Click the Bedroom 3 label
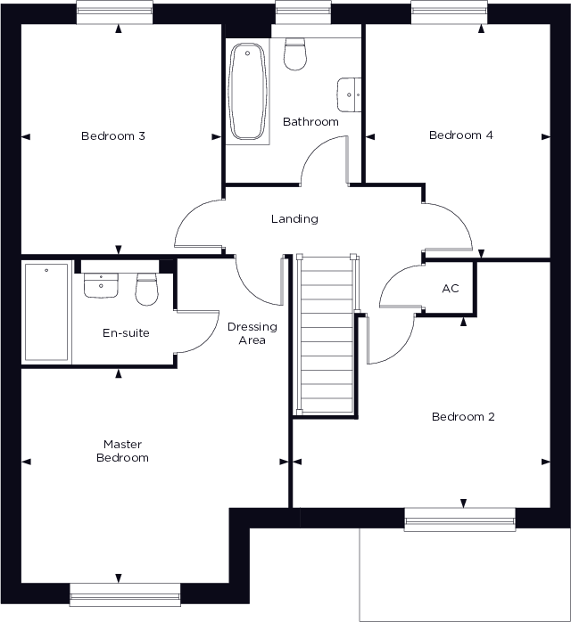click(113, 136)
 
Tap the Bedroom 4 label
click(460, 135)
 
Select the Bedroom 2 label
click(462, 417)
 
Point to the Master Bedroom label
click(123, 451)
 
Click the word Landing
click(294, 219)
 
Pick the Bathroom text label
click(310, 121)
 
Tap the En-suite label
click(126, 333)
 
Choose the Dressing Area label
click(252, 333)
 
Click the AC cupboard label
click(451, 290)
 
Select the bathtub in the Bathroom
click(245, 92)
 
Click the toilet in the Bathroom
click(294, 55)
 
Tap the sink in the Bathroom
click(349, 92)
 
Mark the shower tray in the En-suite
click(46, 311)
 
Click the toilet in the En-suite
click(146, 287)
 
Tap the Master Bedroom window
click(125, 593)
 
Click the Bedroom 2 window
click(460, 519)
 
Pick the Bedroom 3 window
click(113, 12)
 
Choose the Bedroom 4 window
click(450, 12)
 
